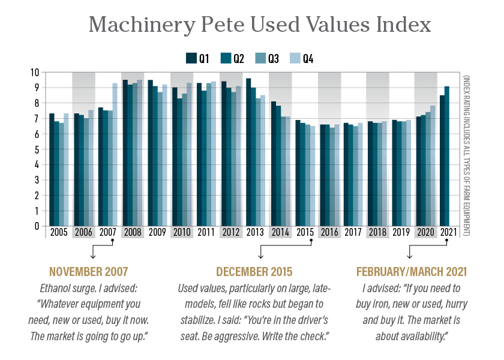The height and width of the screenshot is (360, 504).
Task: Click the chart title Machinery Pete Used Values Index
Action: click(260, 26)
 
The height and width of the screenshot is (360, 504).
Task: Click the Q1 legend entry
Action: click(197, 58)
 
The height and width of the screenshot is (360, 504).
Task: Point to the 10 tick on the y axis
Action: click(34, 72)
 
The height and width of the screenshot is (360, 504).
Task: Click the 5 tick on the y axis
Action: click(37, 149)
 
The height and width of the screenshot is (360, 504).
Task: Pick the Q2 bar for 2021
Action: click(447, 156)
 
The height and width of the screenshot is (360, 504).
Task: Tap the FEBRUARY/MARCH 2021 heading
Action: click(412, 271)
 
